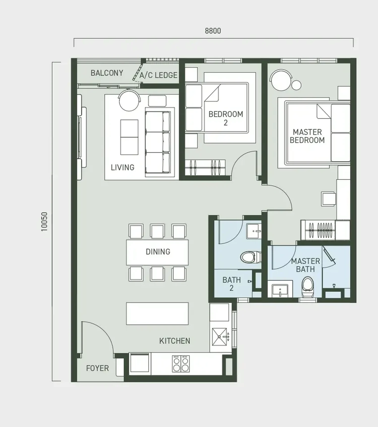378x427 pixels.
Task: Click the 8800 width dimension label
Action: point(213,31)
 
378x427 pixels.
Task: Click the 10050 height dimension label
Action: point(44,222)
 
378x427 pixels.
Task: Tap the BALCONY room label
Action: point(107,73)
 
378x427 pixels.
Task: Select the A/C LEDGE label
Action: point(159,75)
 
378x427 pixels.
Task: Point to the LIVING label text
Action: point(122,167)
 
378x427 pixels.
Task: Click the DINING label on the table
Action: point(158,251)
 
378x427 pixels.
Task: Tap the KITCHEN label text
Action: point(175,341)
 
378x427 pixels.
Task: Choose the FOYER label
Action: point(98,368)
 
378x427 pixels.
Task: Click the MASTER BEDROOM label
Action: point(307,136)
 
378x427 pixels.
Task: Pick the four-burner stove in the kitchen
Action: point(181,364)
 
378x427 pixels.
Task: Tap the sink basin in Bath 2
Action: point(254,231)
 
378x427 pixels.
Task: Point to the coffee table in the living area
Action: point(129,137)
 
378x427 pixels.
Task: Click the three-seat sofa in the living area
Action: point(158,142)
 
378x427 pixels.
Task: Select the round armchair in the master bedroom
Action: point(280,80)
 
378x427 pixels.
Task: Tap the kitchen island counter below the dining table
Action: point(157,314)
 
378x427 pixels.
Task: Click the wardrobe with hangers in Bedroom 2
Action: point(205,168)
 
